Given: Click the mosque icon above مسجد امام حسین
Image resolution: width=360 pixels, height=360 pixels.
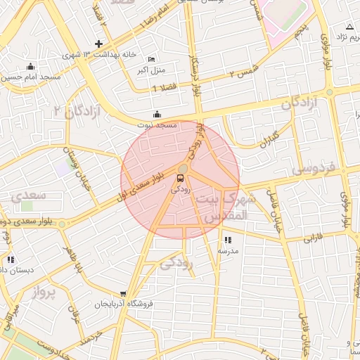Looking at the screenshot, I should (x=30, y=67).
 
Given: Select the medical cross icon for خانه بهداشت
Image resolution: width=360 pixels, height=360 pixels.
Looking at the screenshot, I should (x=99, y=44).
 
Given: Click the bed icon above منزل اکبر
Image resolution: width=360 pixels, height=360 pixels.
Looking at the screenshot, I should (x=152, y=59).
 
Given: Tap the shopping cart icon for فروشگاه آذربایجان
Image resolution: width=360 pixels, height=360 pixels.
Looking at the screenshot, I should (x=124, y=294).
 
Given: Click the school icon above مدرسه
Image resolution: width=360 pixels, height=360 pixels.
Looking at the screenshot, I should (x=227, y=240).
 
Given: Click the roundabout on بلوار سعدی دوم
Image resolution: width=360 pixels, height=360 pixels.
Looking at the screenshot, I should (x=63, y=224).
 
